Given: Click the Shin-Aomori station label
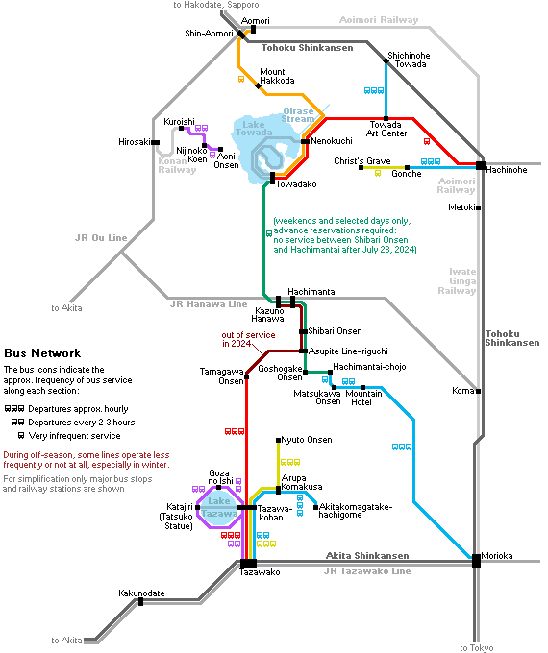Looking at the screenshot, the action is (209, 34).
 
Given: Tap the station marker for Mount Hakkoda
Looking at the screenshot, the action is (259, 86).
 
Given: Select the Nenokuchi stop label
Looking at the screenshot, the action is (332, 141).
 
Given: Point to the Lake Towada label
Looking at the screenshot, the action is (254, 129).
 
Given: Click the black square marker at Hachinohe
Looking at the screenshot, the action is (481, 165).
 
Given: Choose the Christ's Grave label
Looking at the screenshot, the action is (362, 161).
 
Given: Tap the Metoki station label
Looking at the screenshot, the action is (461, 207).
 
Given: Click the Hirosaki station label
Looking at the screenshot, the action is (135, 142).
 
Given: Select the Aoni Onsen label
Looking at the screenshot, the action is (226, 160).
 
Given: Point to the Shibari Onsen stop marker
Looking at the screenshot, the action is (303, 331).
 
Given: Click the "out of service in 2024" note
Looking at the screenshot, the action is (248, 339).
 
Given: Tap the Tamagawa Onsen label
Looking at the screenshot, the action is (221, 376).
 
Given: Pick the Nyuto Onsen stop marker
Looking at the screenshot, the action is (278, 440).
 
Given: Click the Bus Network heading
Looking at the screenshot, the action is (42, 353).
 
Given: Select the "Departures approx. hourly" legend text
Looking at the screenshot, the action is (78, 409).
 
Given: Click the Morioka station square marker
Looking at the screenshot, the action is (476, 560).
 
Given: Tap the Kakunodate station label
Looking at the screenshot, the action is (141, 593).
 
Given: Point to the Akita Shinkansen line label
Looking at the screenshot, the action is (367, 556).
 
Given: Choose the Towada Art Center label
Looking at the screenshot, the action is (386, 129).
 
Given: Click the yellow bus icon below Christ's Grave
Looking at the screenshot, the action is (378, 173).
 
